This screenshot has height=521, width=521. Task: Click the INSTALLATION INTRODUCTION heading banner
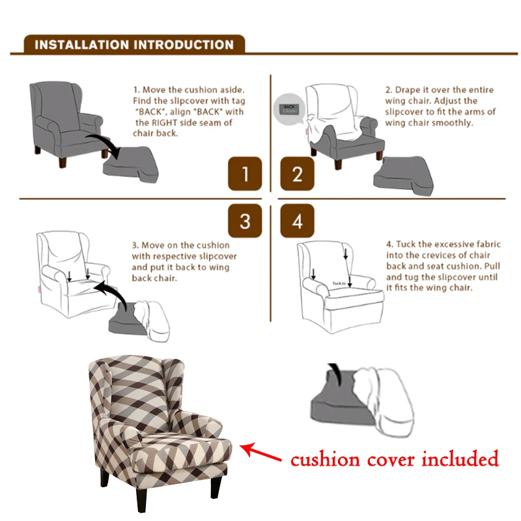click(134, 45)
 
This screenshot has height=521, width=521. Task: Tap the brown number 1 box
click(245, 174)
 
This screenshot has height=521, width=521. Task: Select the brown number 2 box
click(298, 174)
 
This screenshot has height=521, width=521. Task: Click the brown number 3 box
click(245, 221)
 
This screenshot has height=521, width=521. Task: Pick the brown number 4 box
click(298, 221)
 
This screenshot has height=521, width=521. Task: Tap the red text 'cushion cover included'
click(395, 459)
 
